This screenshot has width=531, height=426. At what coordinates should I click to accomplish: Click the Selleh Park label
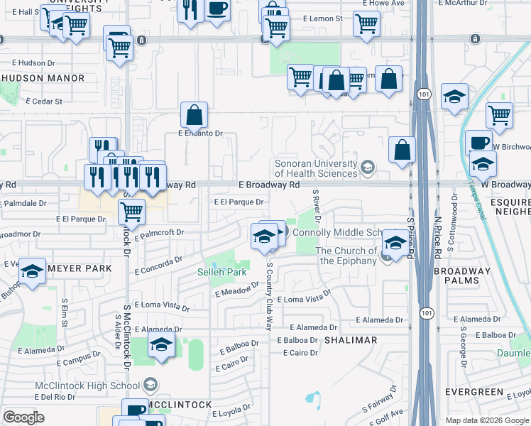[x=221, y=272]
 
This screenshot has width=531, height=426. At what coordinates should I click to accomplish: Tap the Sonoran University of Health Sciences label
[x=317, y=168]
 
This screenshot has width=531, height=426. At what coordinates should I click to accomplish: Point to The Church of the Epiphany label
[x=346, y=256]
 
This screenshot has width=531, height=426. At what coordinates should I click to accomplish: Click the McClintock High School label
[x=87, y=386]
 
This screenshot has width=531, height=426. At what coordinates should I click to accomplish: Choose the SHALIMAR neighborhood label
[x=351, y=340]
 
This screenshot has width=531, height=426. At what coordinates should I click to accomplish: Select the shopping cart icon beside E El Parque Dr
[x=131, y=211]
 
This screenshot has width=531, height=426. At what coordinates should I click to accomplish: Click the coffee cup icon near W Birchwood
[x=478, y=142]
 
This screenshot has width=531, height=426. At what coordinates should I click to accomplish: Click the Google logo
[x=23, y=417]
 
